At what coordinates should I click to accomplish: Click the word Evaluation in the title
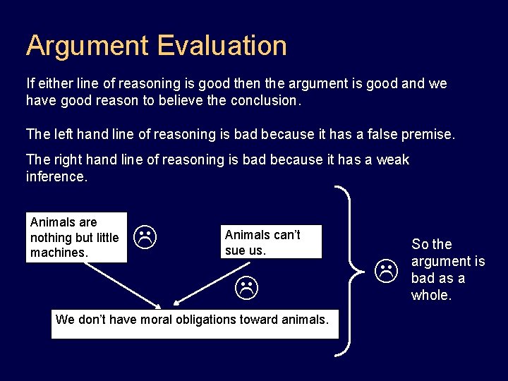coord(222,46)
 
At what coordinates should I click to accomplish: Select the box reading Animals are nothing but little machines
coord(77,238)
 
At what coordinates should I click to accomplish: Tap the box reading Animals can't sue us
coord(271,242)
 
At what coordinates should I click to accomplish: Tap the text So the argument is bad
coord(447,270)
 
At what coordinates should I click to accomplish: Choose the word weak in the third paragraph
coord(392,159)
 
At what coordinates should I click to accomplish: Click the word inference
coord(56,176)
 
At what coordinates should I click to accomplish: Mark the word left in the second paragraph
coord(63,134)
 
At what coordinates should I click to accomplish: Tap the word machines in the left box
coord(59,253)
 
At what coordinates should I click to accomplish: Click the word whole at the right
coord(430,295)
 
